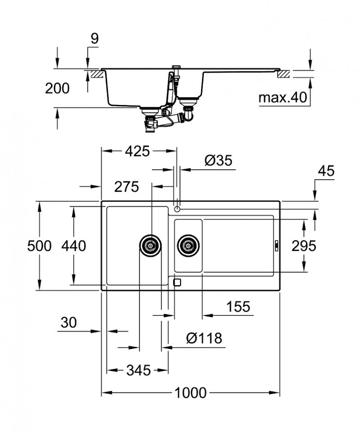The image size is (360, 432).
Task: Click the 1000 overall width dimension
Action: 190,392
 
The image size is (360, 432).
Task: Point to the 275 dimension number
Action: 126,186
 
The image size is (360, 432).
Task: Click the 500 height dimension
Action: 39,246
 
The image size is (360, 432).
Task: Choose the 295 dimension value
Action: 304,246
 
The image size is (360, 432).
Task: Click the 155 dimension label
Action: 238,307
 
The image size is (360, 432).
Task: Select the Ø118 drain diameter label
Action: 204,338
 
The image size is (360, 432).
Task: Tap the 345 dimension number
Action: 138,370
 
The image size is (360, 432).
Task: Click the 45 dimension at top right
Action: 326,171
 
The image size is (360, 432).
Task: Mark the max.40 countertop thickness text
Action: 282,97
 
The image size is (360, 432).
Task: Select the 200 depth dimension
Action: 57,88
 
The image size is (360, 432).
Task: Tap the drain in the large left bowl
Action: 150,246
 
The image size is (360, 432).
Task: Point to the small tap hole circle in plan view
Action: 177,209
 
